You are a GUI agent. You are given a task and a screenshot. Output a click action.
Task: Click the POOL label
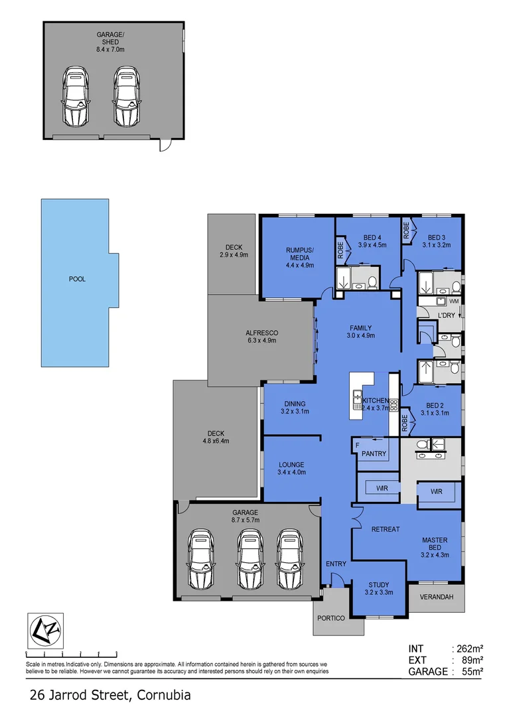77,279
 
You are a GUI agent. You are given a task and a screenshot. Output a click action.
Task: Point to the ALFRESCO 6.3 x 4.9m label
261,336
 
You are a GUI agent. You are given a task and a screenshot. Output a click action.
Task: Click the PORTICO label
331,618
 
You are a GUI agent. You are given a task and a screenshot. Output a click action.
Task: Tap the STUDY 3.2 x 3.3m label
378,588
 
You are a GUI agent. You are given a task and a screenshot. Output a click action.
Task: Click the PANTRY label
374,453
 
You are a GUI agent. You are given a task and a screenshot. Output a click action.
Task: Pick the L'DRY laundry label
446,315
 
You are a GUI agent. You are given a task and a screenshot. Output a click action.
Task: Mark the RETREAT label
385,529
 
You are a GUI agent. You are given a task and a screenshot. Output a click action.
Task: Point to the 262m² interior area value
468,649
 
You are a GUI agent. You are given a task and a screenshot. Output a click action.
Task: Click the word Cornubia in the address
164,696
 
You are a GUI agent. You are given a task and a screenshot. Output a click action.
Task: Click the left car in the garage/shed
75,96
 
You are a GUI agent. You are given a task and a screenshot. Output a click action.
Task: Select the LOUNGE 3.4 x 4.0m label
291,469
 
